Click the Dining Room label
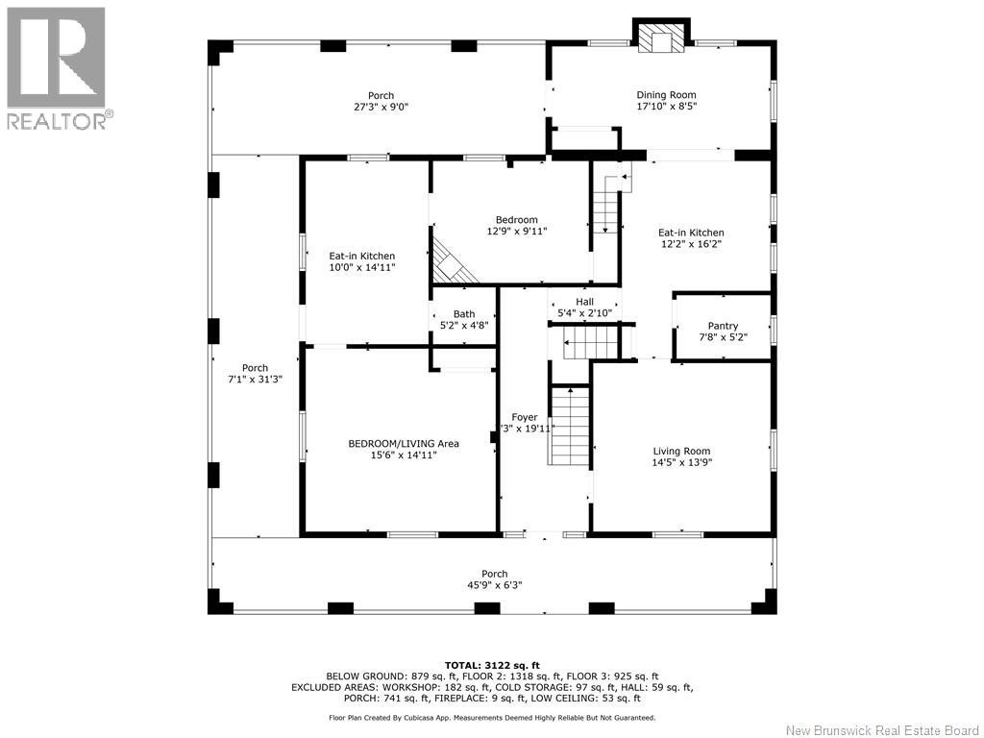coord(666,95)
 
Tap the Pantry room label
coord(723,326)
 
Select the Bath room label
coord(464,314)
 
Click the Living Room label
coord(681,452)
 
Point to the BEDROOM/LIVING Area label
coord(404,444)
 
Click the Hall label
coord(584,302)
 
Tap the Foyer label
coord(525,417)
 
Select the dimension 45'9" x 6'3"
coord(495,585)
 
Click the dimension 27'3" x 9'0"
coord(381,107)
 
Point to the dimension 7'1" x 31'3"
coord(255,379)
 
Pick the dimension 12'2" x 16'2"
coord(691,244)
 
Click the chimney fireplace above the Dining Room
coord(661,37)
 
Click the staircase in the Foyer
coord(570,426)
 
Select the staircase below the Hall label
coord(591,343)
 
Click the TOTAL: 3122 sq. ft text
coord(492,665)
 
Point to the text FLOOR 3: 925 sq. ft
coord(612,676)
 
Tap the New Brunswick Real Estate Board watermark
coord(882,730)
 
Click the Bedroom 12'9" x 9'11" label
coord(517,225)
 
